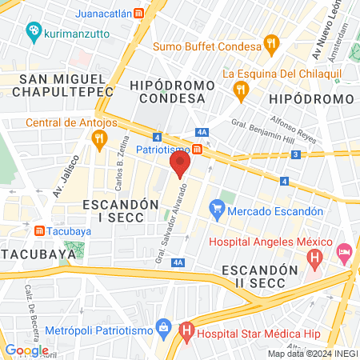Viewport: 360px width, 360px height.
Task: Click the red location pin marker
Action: pyautogui.click(x=179, y=164)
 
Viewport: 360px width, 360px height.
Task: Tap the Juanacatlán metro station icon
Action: pyautogui.click(x=139, y=14)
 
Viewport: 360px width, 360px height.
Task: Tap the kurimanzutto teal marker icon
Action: pyautogui.click(x=34, y=31)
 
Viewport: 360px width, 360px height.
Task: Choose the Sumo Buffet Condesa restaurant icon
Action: pyautogui.click(x=272, y=46)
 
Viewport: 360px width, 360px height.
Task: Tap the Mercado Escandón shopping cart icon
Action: pyautogui.click(x=216, y=211)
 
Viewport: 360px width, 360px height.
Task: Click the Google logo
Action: pyautogui.click(x=26, y=350)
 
